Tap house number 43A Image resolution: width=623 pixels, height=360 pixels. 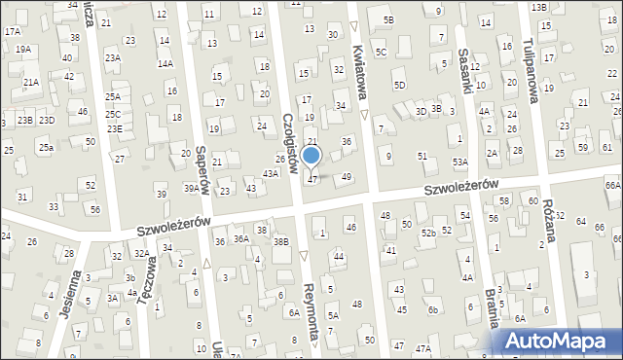point(271,172)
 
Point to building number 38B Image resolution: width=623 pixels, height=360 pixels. point(281,241)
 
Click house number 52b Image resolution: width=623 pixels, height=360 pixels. point(428,233)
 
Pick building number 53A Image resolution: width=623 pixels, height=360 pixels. point(459,162)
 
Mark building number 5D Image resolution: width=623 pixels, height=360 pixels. point(399,85)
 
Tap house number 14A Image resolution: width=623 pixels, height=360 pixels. point(165,63)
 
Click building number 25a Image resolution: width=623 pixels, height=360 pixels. point(46,147)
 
